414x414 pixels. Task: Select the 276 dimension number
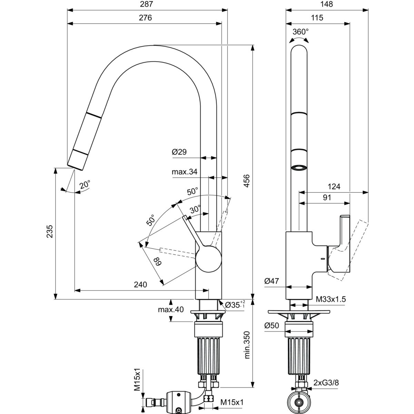[x=146, y=18]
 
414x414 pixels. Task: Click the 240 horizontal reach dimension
[x=140, y=285]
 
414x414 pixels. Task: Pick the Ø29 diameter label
[x=179, y=151]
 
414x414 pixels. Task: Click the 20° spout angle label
[x=85, y=185]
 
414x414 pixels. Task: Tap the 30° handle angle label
[x=195, y=209]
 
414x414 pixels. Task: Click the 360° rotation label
[x=300, y=32]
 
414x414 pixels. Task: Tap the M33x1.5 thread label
[x=331, y=299]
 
